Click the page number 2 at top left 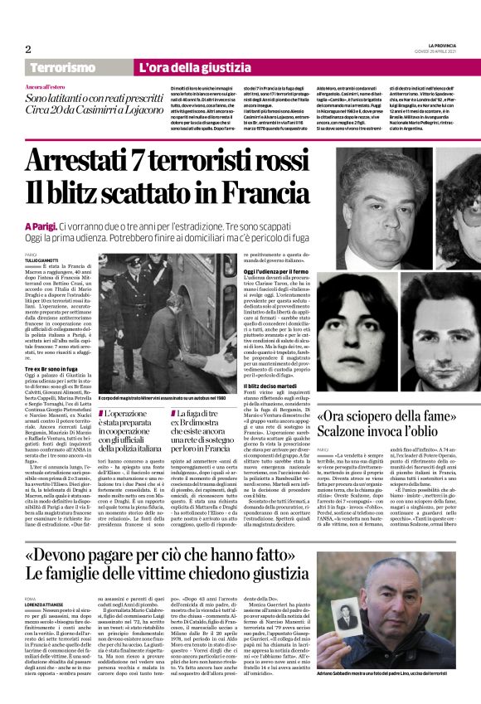pos(28,49)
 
